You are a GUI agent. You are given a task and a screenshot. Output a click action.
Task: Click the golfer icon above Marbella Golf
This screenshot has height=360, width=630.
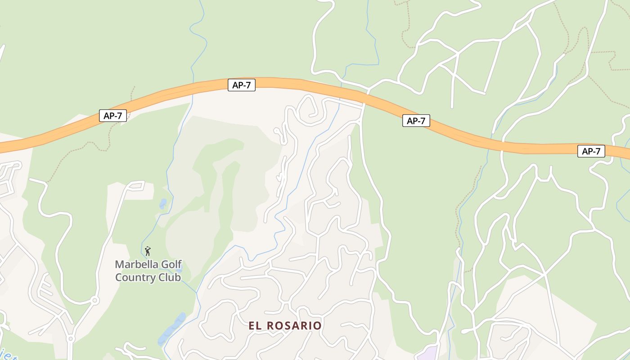tap(148, 251)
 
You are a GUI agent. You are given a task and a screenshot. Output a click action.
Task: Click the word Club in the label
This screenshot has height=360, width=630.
tap(169, 277)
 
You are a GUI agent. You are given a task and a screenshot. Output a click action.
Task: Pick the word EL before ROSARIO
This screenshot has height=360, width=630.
tap(255, 325)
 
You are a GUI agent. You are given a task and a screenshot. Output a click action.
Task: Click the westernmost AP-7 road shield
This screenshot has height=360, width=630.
tap(113, 116)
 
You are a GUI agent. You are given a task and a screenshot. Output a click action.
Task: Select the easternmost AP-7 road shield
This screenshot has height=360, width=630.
tap(591, 151)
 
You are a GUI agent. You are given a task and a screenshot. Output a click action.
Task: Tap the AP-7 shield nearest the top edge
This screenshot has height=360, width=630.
tap(242, 85)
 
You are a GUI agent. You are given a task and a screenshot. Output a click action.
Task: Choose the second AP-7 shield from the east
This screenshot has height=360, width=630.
tap(416, 121)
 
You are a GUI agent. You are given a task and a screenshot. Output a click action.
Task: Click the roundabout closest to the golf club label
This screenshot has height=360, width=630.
tap(94, 300)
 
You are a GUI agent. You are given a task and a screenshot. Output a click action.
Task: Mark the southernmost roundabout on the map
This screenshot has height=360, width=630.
tap(70, 338)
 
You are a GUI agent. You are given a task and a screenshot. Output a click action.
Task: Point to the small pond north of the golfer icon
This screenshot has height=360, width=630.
tap(163, 204)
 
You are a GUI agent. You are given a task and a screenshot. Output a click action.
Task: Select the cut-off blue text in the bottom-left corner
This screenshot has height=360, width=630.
tap(9, 357)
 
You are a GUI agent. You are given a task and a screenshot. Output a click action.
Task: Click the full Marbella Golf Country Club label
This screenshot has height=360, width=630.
tap(148, 270)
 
